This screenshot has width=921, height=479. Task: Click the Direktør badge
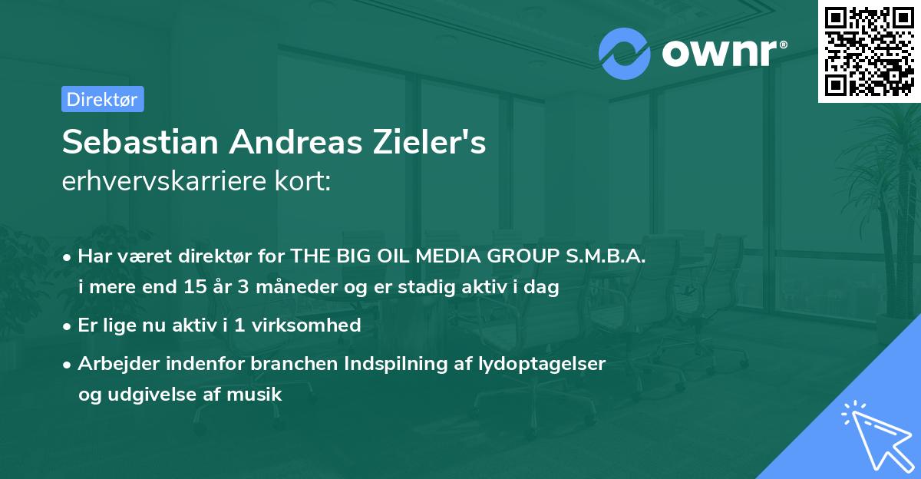click(102, 99)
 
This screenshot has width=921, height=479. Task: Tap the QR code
click(870, 51)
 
